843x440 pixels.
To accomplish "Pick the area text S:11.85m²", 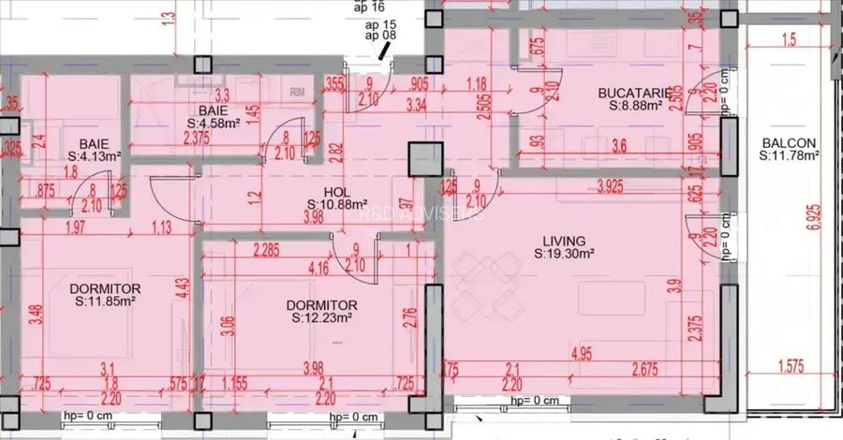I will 106,301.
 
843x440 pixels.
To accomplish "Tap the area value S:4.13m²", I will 95,157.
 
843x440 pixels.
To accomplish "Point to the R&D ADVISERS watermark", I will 421,213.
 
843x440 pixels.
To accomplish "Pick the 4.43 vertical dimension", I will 182,286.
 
